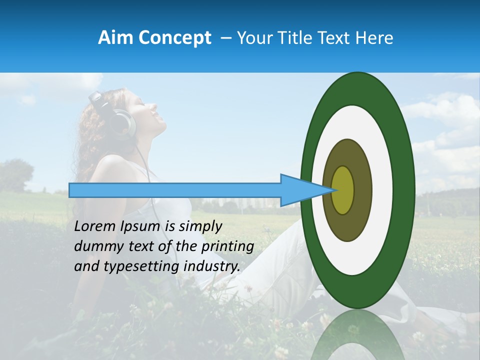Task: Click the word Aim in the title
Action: click(x=115, y=38)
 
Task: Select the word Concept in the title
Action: click(x=174, y=38)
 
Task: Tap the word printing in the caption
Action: click(x=227, y=247)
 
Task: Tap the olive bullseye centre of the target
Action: click(x=343, y=190)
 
